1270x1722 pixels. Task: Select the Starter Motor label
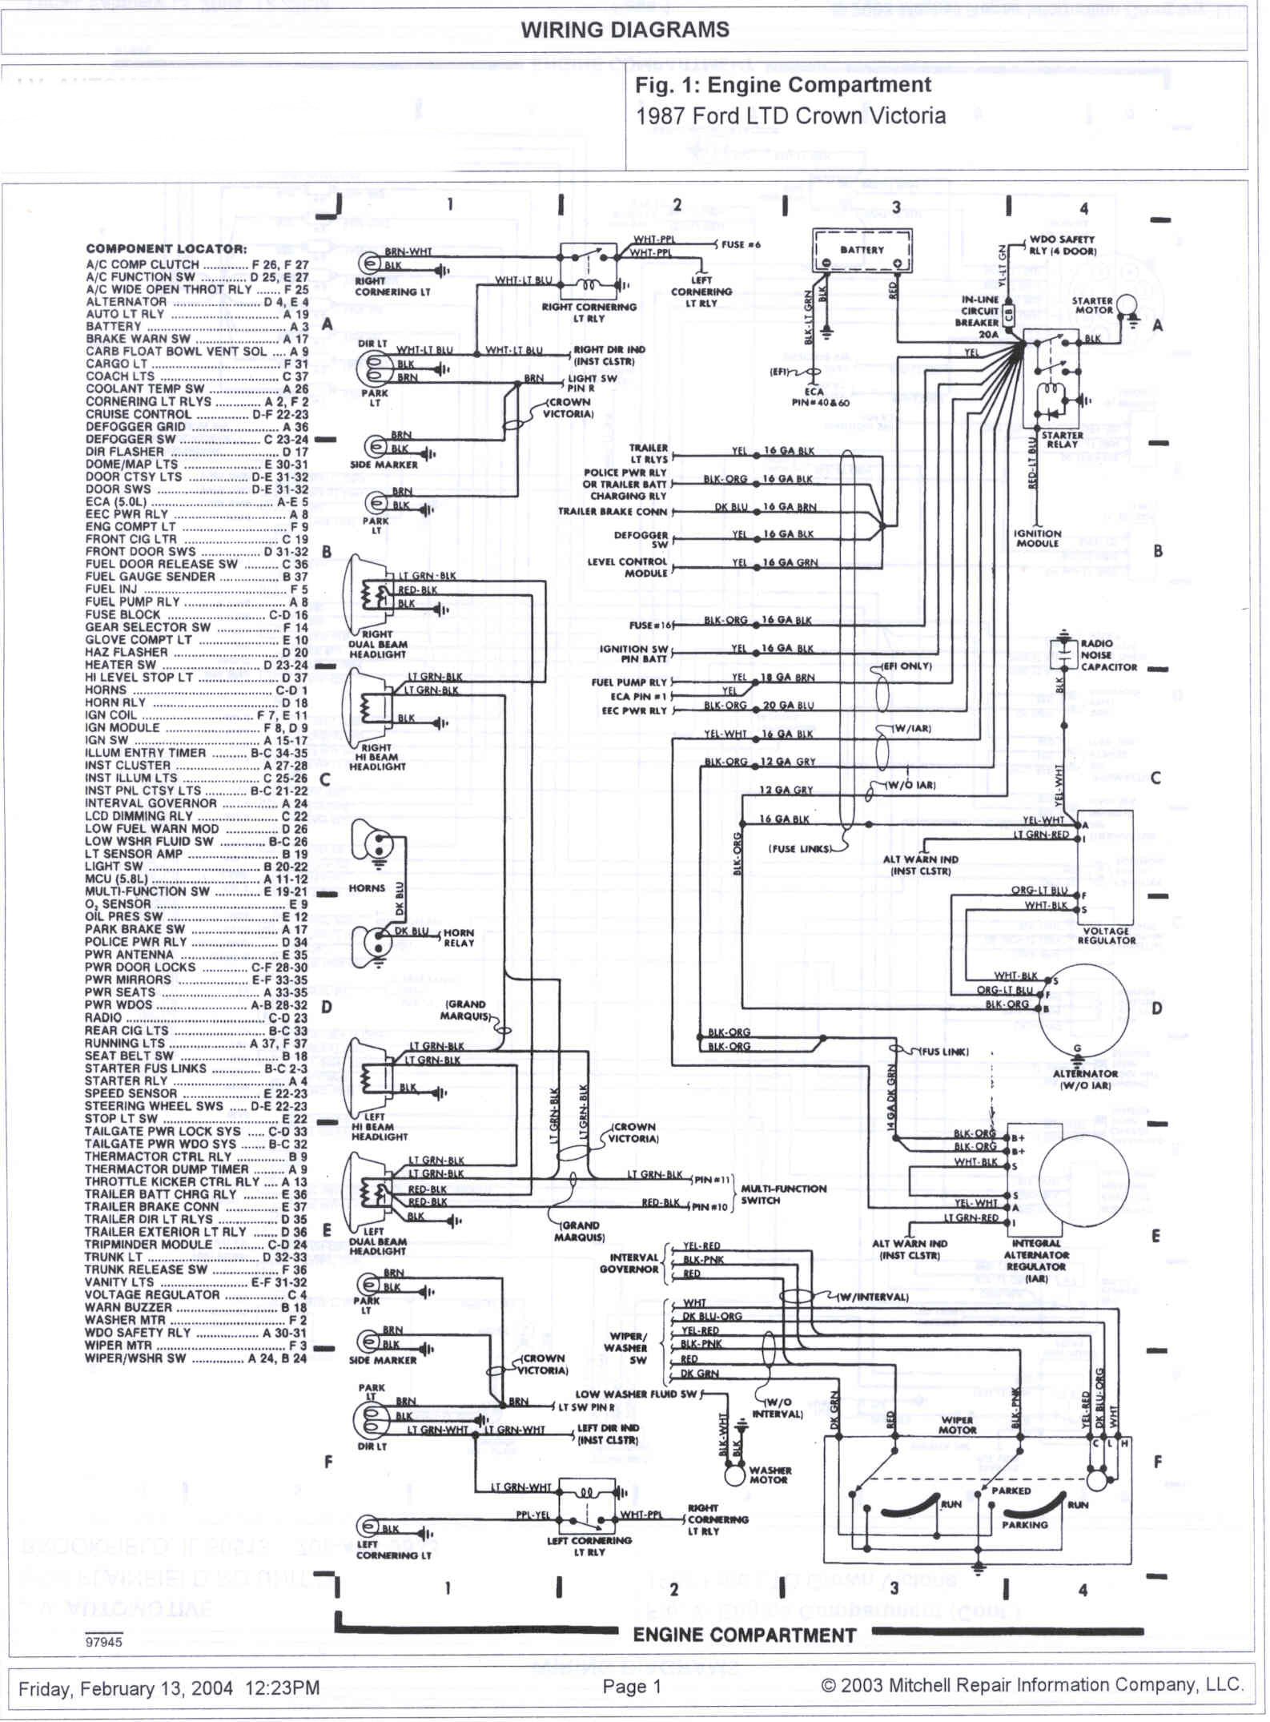coord(1093,305)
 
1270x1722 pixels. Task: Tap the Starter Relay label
coord(1063,440)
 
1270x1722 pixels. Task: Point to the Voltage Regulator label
coord(1107,935)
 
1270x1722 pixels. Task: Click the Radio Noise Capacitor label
coord(1108,654)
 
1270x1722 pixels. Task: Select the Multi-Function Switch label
coord(783,1194)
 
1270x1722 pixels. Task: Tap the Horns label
coord(367,888)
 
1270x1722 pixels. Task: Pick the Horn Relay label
coord(459,938)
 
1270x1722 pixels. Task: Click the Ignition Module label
coord(1037,538)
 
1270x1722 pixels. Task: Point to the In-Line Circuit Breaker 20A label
coord(980,316)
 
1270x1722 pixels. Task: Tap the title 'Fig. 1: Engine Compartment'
coord(782,86)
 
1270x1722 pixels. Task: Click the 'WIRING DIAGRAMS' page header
coord(625,30)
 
